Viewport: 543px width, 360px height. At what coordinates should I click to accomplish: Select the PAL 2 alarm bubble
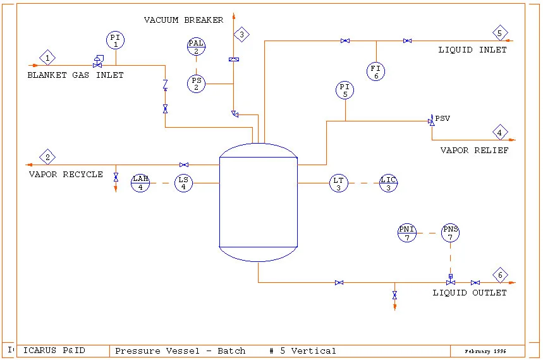pyautogui.click(x=196, y=46)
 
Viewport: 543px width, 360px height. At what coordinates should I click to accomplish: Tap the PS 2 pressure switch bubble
pyautogui.click(x=196, y=83)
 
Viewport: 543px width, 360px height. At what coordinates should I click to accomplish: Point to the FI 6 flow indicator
pyautogui.click(x=376, y=71)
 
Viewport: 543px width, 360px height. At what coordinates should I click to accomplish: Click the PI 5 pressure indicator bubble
pyautogui.click(x=345, y=90)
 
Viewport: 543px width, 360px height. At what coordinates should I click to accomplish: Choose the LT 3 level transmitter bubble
pyautogui.click(x=339, y=183)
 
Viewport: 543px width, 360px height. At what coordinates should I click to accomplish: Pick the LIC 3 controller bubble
pyautogui.click(x=389, y=183)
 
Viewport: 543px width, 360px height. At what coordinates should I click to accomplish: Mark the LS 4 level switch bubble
pyautogui.click(x=183, y=183)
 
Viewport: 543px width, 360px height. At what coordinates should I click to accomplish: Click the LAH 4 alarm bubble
pyautogui.click(x=140, y=183)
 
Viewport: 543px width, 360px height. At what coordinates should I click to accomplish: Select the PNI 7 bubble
pyautogui.click(x=406, y=233)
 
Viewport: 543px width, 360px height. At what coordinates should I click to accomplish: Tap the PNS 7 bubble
pyautogui.click(x=450, y=233)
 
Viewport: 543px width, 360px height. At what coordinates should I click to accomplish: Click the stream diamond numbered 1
pyautogui.click(x=47, y=58)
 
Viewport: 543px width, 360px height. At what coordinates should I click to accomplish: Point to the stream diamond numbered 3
pyautogui.click(x=241, y=35)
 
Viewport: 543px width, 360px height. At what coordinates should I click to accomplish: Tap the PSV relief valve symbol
pyautogui.click(x=432, y=121)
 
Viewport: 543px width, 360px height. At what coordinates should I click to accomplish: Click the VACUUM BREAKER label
pyautogui.click(x=183, y=20)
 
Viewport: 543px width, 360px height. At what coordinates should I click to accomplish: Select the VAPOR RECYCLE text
pyautogui.click(x=66, y=174)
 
